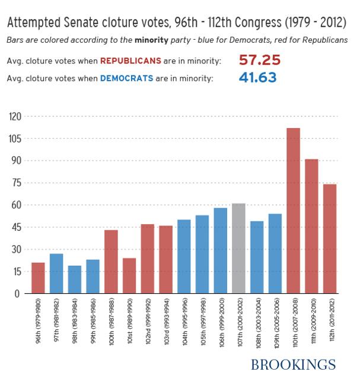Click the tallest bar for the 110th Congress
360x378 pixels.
293,211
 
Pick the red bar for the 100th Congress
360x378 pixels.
111,262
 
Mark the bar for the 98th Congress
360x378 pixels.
75,279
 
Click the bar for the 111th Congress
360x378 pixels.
311,226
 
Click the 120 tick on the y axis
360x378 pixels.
15,117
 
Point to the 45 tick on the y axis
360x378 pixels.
15,227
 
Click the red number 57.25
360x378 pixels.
259,61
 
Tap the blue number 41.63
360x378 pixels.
257,77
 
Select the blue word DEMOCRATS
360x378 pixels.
123,78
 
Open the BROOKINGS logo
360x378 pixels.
293,364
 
